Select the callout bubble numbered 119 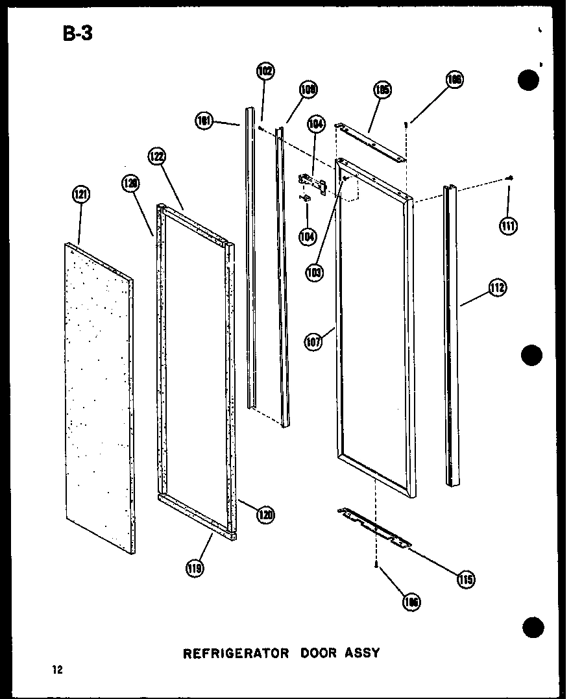tap(195, 569)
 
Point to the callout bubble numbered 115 tap(465, 578)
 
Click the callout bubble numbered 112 tap(498, 287)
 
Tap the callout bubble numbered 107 tap(313, 341)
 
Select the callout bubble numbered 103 tap(315, 273)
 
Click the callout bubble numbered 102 tap(265, 71)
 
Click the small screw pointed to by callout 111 tap(511, 178)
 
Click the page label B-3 tap(78, 33)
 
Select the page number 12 tap(58, 670)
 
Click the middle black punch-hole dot tap(531, 355)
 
